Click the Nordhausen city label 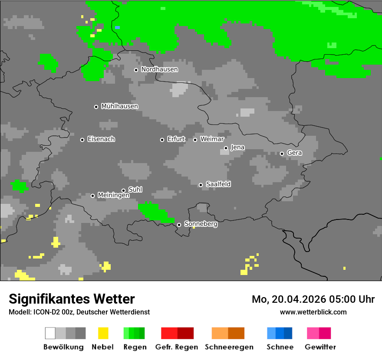click(x=159, y=69)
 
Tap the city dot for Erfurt click(x=162, y=140)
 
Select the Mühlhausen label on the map click(x=119, y=106)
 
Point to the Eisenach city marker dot click(x=82, y=140)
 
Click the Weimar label click(x=212, y=139)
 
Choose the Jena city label click(x=237, y=147)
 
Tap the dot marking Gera click(x=282, y=154)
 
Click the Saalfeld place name click(x=218, y=184)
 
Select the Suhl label click(x=135, y=190)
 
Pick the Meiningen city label click(x=113, y=196)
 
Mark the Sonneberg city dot click(x=179, y=225)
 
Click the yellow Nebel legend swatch click(x=103, y=333)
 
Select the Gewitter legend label click(x=320, y=347)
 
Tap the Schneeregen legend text click(x=229, y=347)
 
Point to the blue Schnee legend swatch click(x=280, y=333)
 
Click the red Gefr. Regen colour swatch click(x=177, y=333)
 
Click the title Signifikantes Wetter click(x=72, y=299)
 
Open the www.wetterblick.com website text click(x=313, y=312)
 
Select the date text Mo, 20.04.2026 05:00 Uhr click(x=313, y=299)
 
